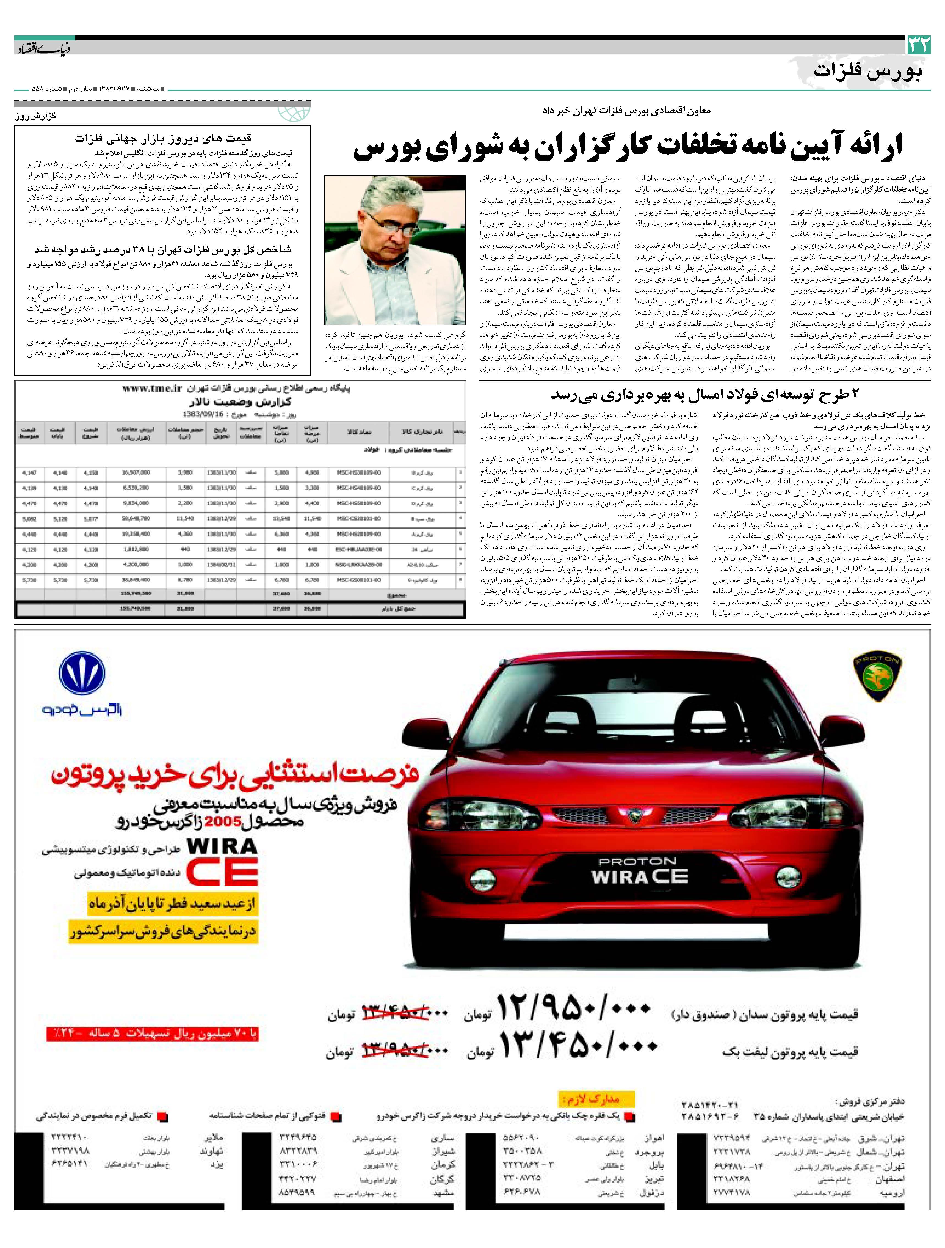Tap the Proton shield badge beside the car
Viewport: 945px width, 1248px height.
tap(877, 677)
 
